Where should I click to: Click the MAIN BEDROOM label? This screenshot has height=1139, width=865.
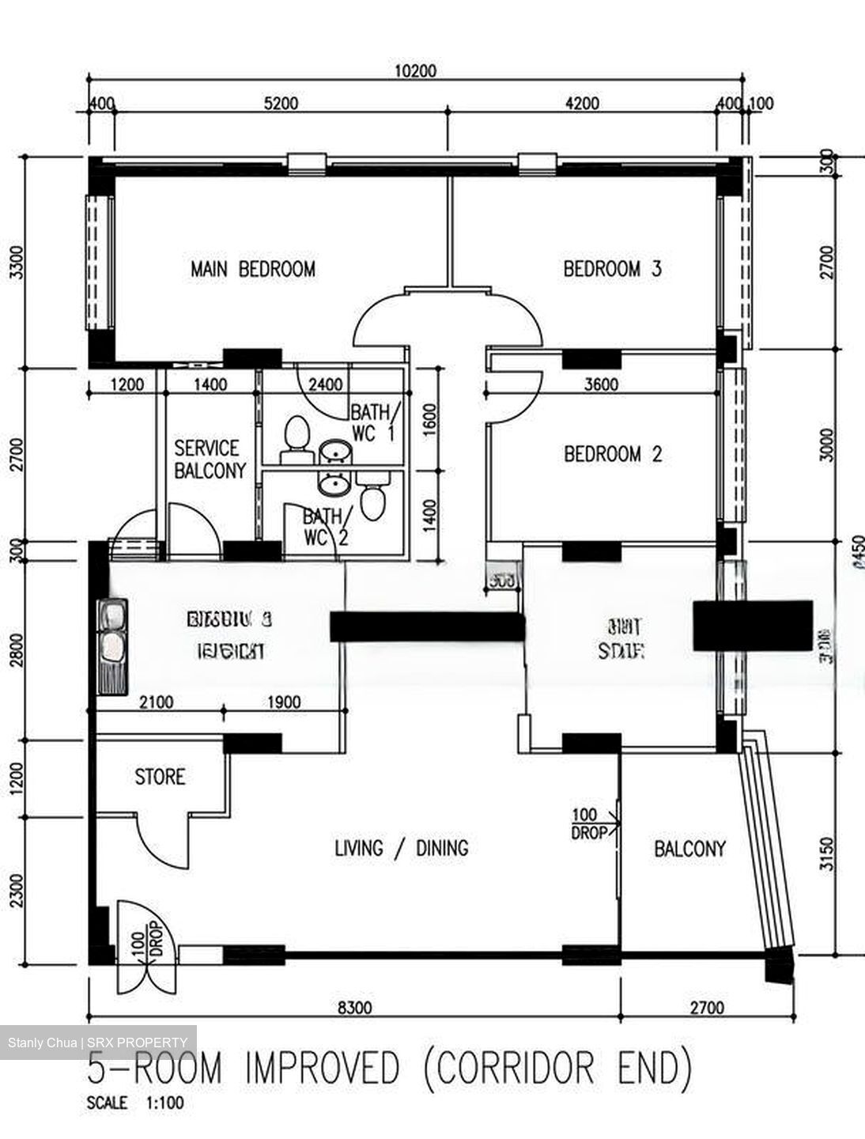tap(252, 269)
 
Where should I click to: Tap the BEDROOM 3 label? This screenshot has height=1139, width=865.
tap(612, 269)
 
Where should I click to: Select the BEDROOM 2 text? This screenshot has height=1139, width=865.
tap(612, 454)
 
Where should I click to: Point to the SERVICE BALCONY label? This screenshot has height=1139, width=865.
tap(210, 460)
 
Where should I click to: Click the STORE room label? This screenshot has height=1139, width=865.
tap(160, 777)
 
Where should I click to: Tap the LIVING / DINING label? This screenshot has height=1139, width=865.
tap(401, 849)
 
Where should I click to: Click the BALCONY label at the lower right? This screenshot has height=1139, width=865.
tap(689, 849)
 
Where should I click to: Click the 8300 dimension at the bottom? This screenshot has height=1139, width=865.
tap(353, 1008)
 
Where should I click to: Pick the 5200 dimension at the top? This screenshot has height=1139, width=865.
tap(281, 103)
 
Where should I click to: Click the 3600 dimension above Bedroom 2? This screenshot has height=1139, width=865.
tap(601, 385)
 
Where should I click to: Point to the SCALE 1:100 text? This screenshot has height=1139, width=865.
tap(135, 1103)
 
